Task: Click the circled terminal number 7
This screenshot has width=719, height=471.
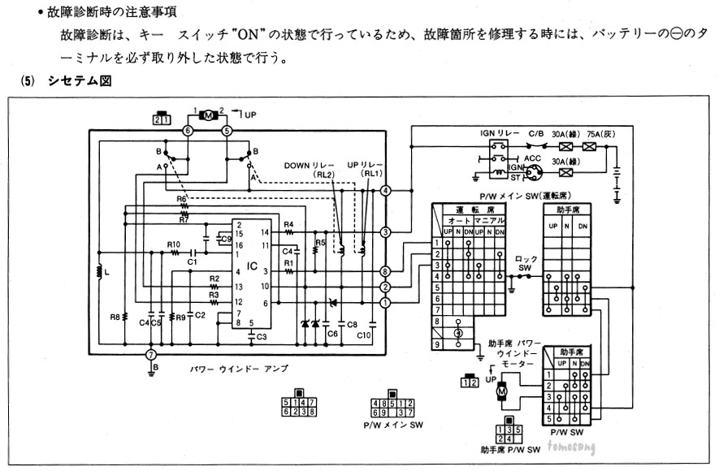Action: tap(149, 355)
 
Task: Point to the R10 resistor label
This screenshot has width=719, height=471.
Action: tap(173, 244)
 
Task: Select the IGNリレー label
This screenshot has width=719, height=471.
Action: tap(491, 131)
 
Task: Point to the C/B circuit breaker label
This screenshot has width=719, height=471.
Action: tap(536, 131)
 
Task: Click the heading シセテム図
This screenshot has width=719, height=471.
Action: tap(79, 82)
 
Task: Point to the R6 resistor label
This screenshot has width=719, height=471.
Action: tap(182, 198)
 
